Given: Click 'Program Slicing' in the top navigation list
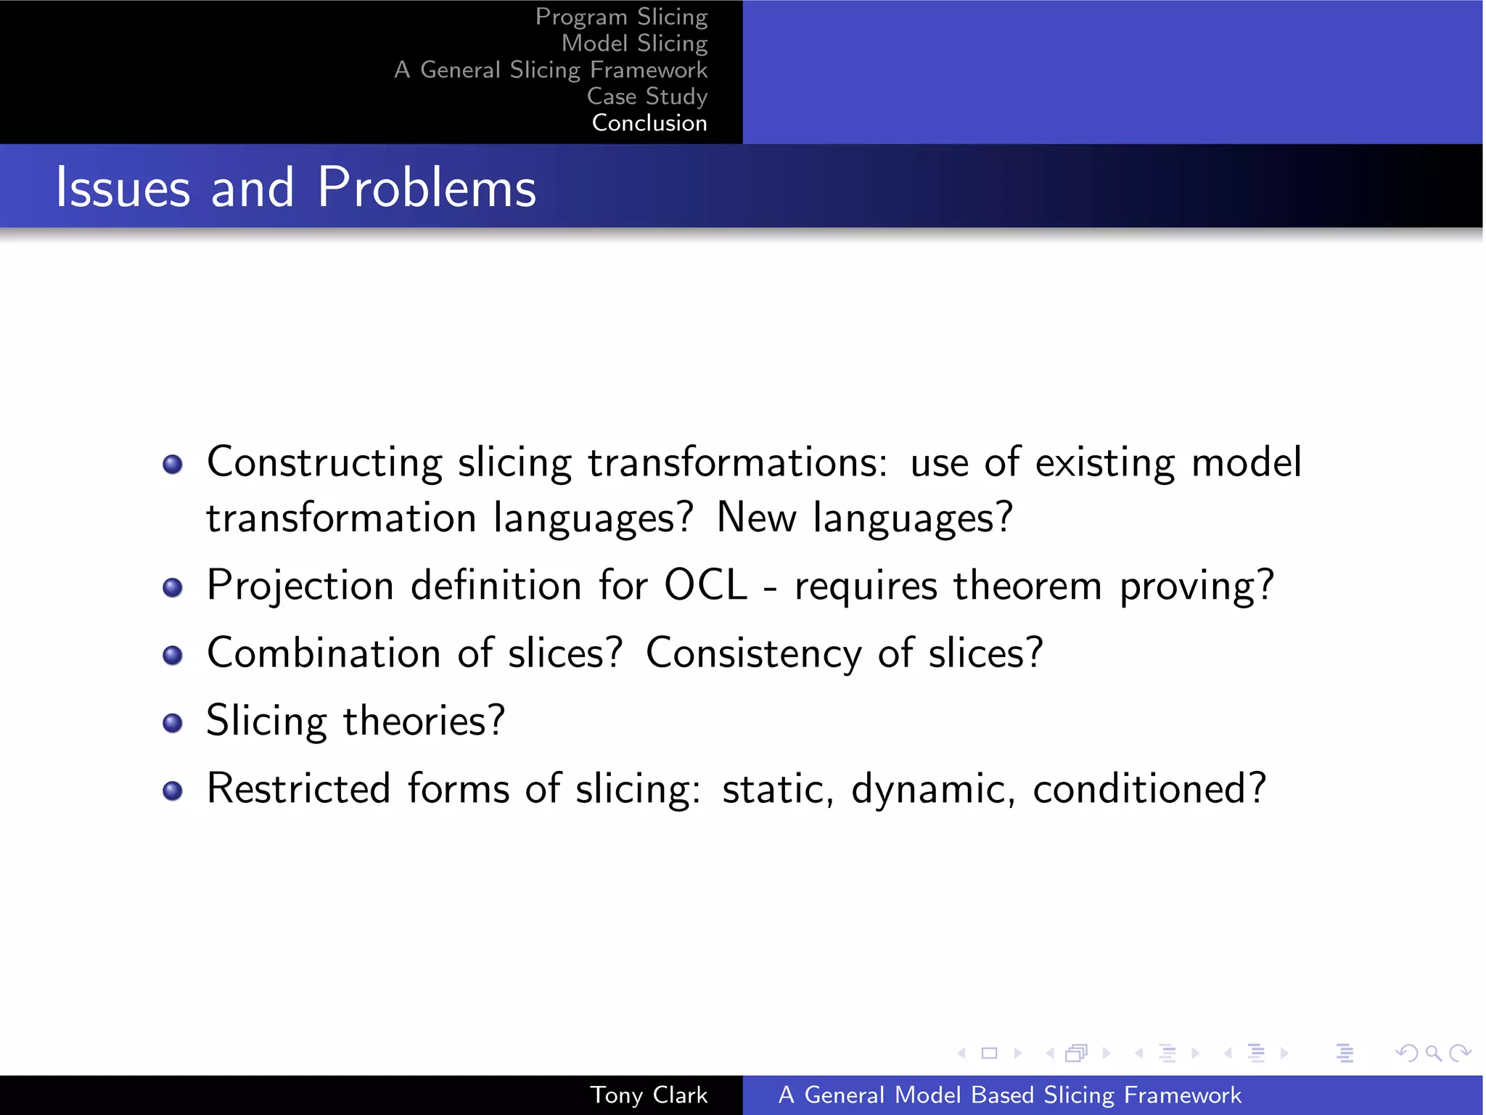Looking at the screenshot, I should [x=621, y=17].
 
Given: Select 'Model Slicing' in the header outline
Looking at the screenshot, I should [x=634, y=44].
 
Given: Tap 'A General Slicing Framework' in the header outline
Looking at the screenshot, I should [x=551, y=70].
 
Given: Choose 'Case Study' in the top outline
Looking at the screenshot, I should [x=646, y=97].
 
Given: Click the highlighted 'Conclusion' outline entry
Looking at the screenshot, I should [x=649, y=123].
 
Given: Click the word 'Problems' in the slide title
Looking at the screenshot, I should [x=427, y=187].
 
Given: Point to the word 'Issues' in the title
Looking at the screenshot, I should [x=123, y=187].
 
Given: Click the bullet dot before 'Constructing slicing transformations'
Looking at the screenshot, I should [x=173, y=464].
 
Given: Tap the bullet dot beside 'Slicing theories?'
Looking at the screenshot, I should [x=173, y=723].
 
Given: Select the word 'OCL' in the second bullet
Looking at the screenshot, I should [x=705, y=585].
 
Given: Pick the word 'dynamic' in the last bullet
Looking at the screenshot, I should [x=933, y=789].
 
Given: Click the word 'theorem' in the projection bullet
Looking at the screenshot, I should [x=1027, y=585].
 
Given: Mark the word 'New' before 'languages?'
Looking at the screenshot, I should [x=756, y=518].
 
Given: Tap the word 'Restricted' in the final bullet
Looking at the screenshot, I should [x=298, y=788].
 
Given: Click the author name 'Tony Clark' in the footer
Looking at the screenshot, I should [x=649, y=1095].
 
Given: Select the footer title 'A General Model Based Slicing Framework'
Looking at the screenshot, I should [x=1009, y=1095].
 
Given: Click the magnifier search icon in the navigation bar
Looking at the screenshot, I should [x=1433, y=1053].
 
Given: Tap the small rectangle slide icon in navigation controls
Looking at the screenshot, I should [x=989, y=1053].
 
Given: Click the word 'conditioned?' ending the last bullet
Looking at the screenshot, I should [x=1149, y=788].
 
